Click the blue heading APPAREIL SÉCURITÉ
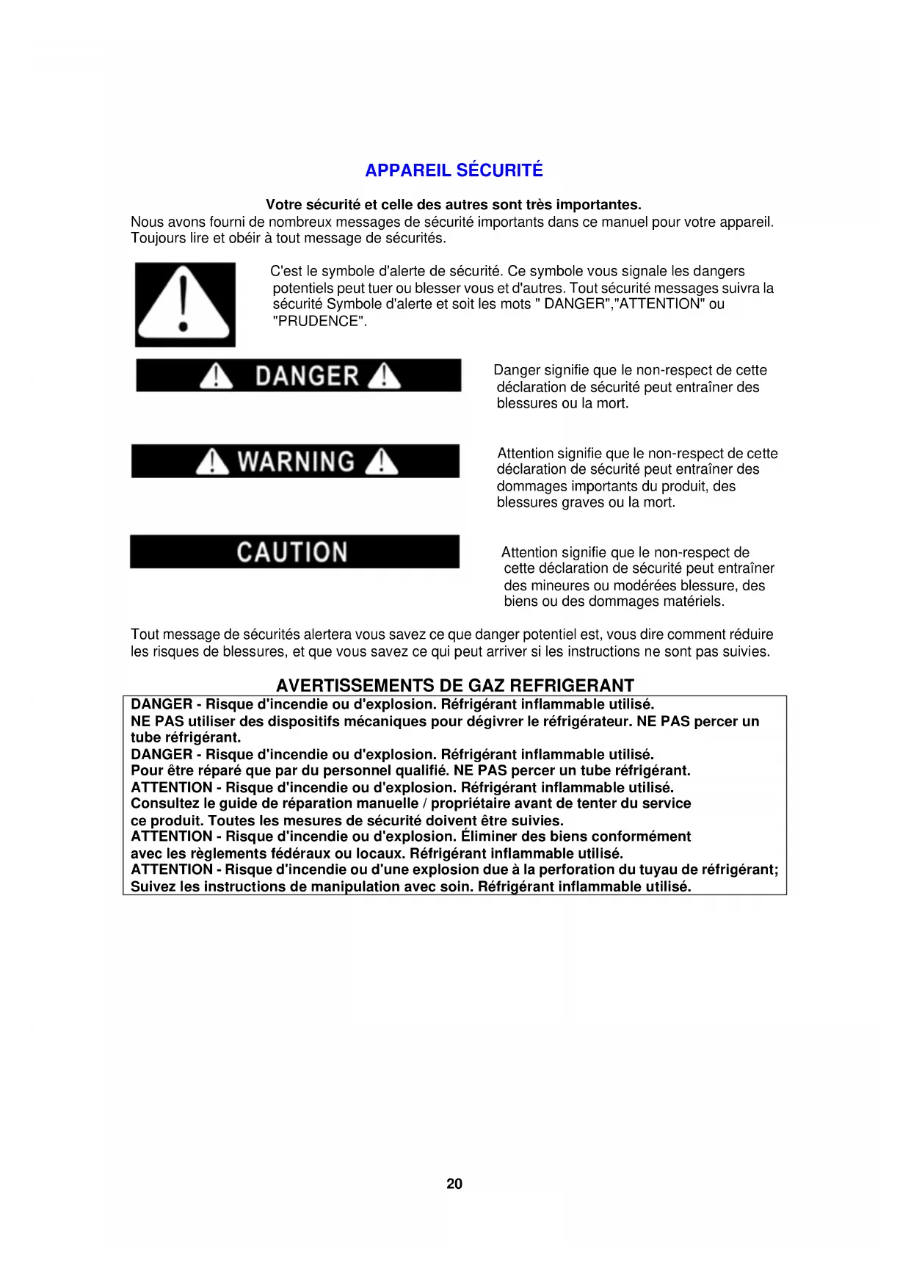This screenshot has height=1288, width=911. point(454,170)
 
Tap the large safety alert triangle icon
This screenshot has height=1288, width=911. point(184,304)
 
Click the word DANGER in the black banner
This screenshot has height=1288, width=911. point(307,376)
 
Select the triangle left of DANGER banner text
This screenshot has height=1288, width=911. point(217,376)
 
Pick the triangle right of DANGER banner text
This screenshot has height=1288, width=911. point(384,376)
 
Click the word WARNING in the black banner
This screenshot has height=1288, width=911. point(296,462)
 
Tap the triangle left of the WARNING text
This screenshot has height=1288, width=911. point(213,462)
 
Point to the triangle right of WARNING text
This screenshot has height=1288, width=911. point(381,462)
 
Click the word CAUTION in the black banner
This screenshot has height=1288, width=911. point(291,552)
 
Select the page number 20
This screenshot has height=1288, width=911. point(454,1184)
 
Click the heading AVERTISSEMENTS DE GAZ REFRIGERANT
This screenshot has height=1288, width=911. point(454,685)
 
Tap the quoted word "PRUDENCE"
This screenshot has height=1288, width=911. point(319,321)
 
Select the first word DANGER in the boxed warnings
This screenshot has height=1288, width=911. point(161,704)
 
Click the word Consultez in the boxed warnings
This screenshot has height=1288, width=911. point(165,803)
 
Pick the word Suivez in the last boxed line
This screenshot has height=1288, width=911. point(153,886)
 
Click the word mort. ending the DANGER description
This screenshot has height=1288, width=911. point(612,403)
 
